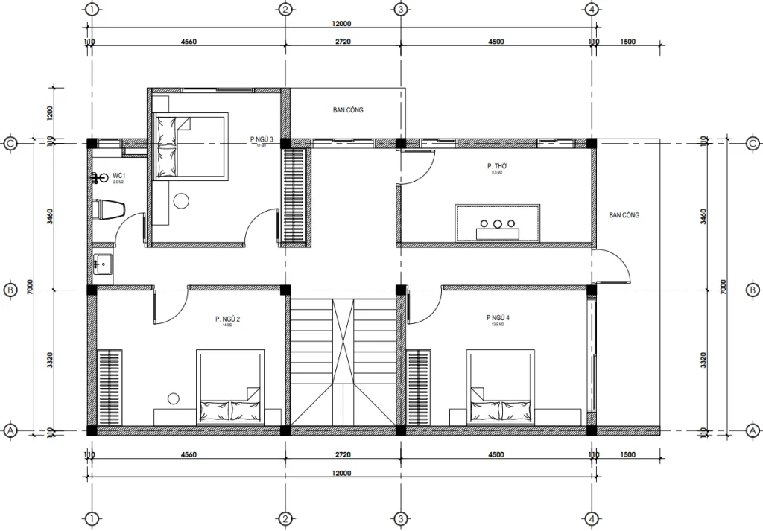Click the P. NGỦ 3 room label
(x=262, y=139)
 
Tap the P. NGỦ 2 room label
(x=227, y=319)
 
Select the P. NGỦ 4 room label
(x=498, y=319)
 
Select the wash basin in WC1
(x=103, y=263)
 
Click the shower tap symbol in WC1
(x=98, y=178)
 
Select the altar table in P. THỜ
(x=498, y=222)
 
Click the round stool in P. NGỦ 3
(x=181, y=200)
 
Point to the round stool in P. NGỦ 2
(x=174, y=398)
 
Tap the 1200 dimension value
(x=50, y=113)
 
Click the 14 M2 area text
(x=227, y=325)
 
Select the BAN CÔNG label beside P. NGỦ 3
(x=348, y=110)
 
